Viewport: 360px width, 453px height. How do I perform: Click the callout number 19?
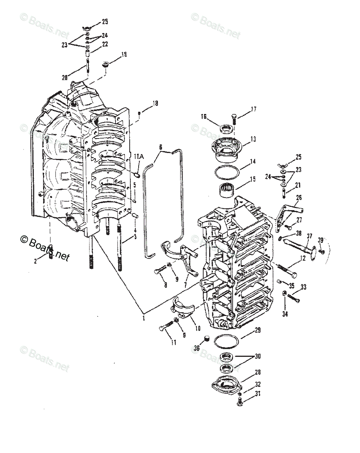click(124, 55)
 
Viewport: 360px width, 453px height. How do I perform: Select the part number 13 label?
click(253, 139)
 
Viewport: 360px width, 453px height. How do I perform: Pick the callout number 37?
click(309, 236)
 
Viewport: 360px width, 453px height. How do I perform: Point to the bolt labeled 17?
click(233, 118)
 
